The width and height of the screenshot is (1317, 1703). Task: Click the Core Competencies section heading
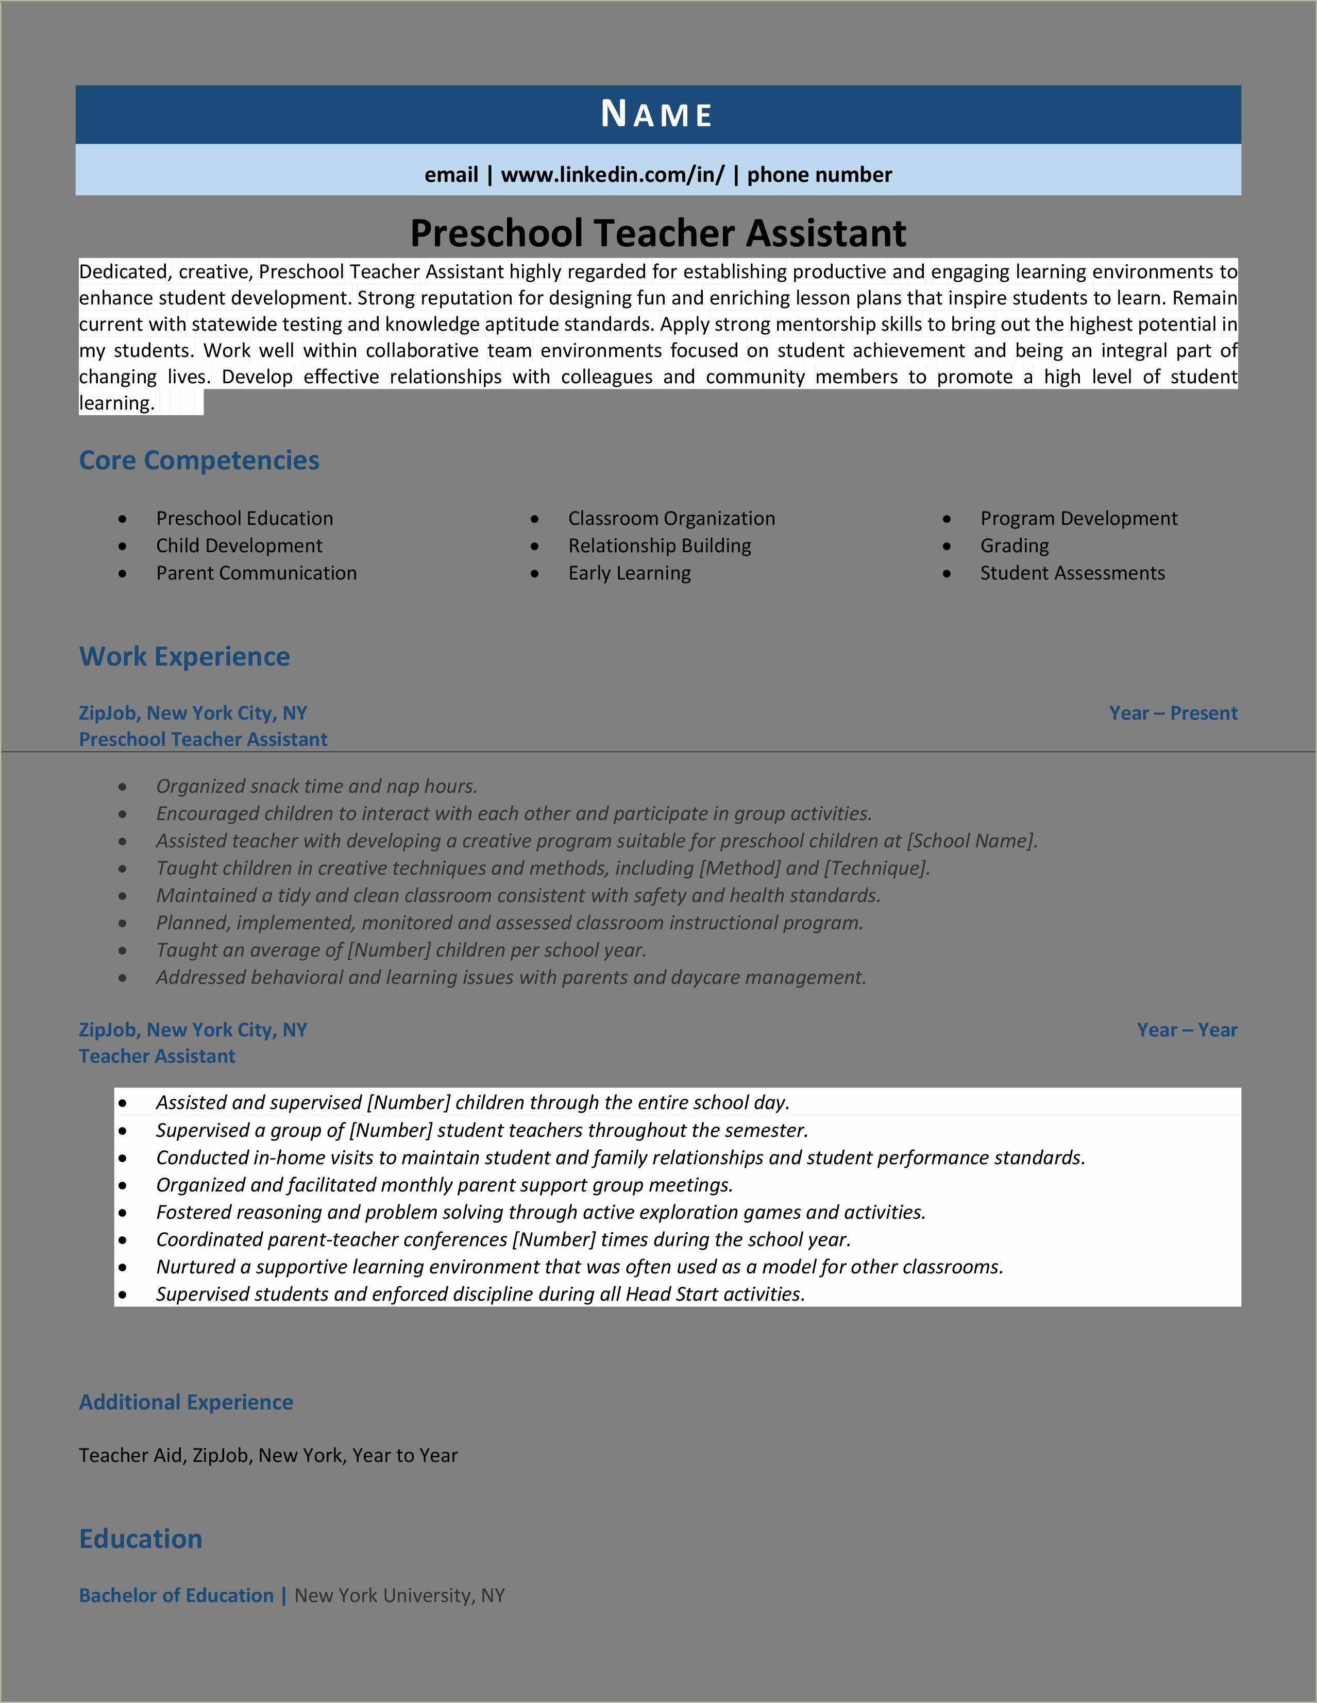pos(199,460)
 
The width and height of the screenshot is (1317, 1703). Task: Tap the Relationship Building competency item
pos(659,546)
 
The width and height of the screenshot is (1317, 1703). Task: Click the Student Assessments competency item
pos(1072,573)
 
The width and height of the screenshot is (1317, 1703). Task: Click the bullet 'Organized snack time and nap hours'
pos(316,786)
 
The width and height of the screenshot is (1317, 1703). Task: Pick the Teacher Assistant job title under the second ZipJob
pos(157,1056)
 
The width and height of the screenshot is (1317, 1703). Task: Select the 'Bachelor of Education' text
pos(176,1595)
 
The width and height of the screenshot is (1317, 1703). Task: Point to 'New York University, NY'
pos(399,1595)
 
